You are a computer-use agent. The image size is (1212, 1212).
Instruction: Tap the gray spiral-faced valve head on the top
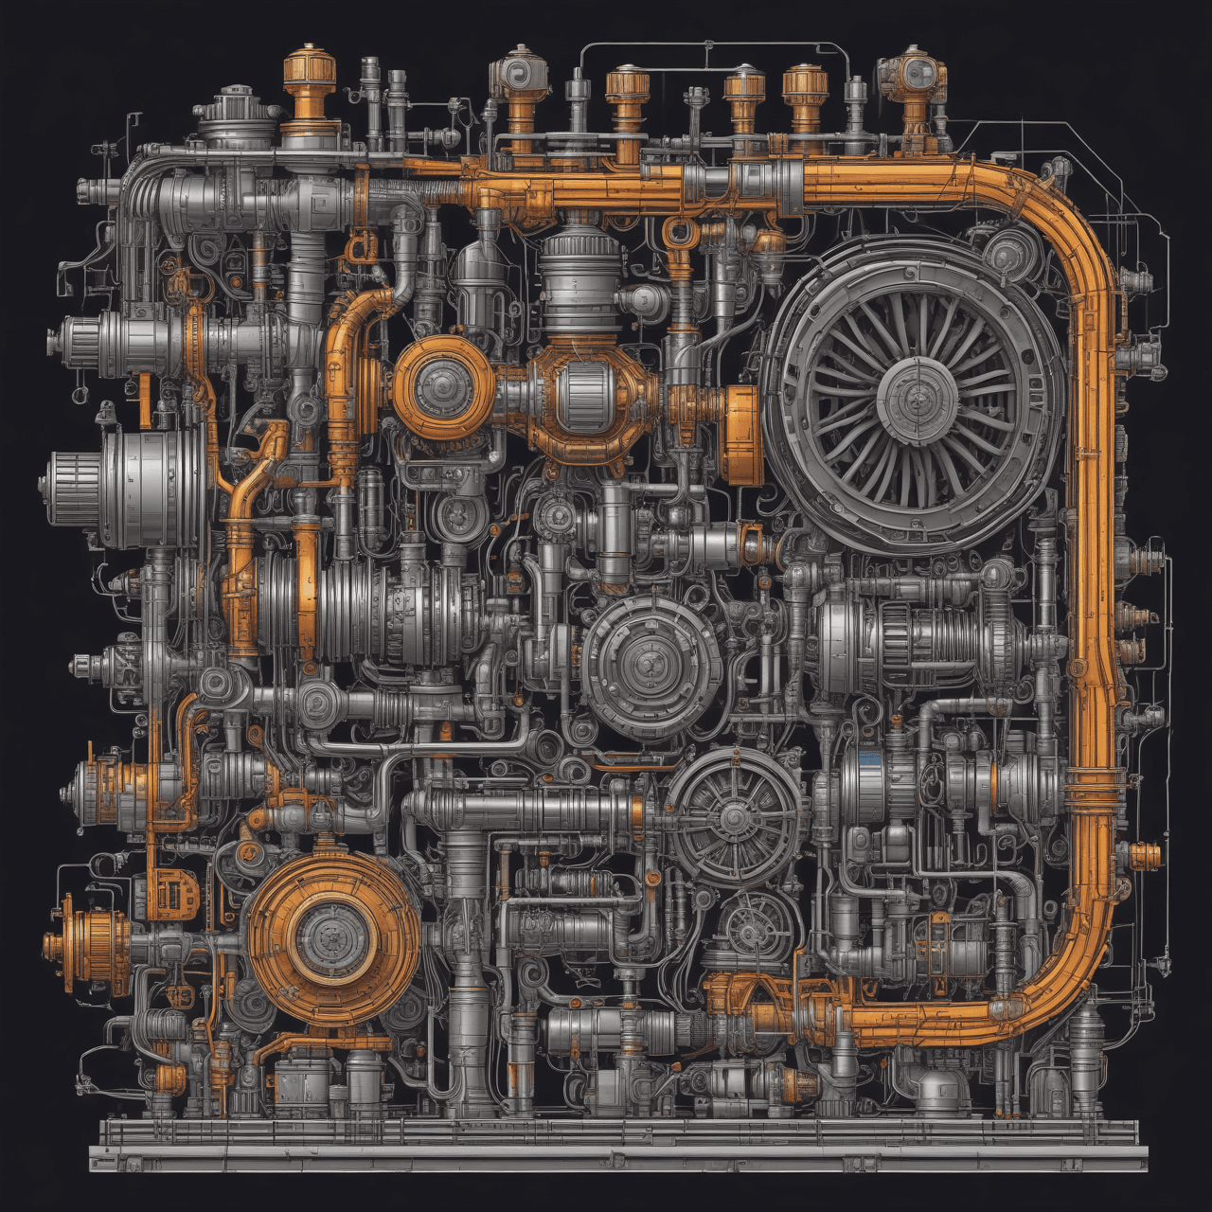(x=518, y=76)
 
